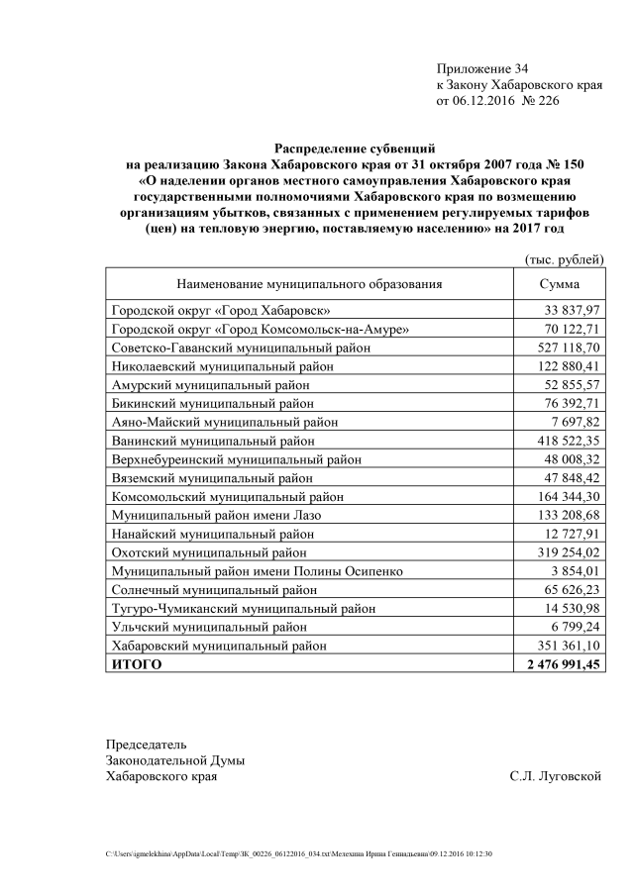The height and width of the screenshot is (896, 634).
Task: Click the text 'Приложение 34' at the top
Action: click(482, 68)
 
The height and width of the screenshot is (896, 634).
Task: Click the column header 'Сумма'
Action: click(559, 284)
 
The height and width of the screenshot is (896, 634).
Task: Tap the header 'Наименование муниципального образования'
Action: click(308, 284)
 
